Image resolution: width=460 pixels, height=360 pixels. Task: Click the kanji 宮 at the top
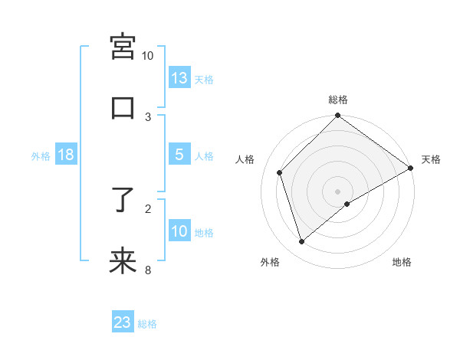[123, 47]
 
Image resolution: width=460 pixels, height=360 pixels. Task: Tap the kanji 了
[123, 200]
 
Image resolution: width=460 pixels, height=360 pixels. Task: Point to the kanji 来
[123, 261]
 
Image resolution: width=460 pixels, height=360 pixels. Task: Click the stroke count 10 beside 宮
[148, 56]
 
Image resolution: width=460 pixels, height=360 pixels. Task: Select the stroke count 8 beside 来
[148, 270]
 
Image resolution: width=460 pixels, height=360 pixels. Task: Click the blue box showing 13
[179, 77]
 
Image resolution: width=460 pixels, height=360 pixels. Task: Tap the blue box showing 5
[179, 155]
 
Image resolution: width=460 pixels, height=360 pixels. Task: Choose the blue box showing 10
[179, 231]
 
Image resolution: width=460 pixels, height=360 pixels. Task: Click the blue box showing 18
[66, 155]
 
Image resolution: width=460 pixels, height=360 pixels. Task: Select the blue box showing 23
[123, 322]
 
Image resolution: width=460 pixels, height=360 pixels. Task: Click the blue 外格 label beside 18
[41, 155]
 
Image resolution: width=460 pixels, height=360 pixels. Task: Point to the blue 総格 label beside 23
[147, 323]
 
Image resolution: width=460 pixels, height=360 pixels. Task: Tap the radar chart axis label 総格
[338, 100]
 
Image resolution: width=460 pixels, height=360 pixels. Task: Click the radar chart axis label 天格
[431, 159]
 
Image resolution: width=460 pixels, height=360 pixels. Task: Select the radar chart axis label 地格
[402, 262]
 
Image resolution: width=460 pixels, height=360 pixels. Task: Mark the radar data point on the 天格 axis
[411, 168]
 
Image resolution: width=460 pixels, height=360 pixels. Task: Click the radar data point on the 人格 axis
[280, 172]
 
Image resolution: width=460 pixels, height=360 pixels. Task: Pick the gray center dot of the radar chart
[338, 191]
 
